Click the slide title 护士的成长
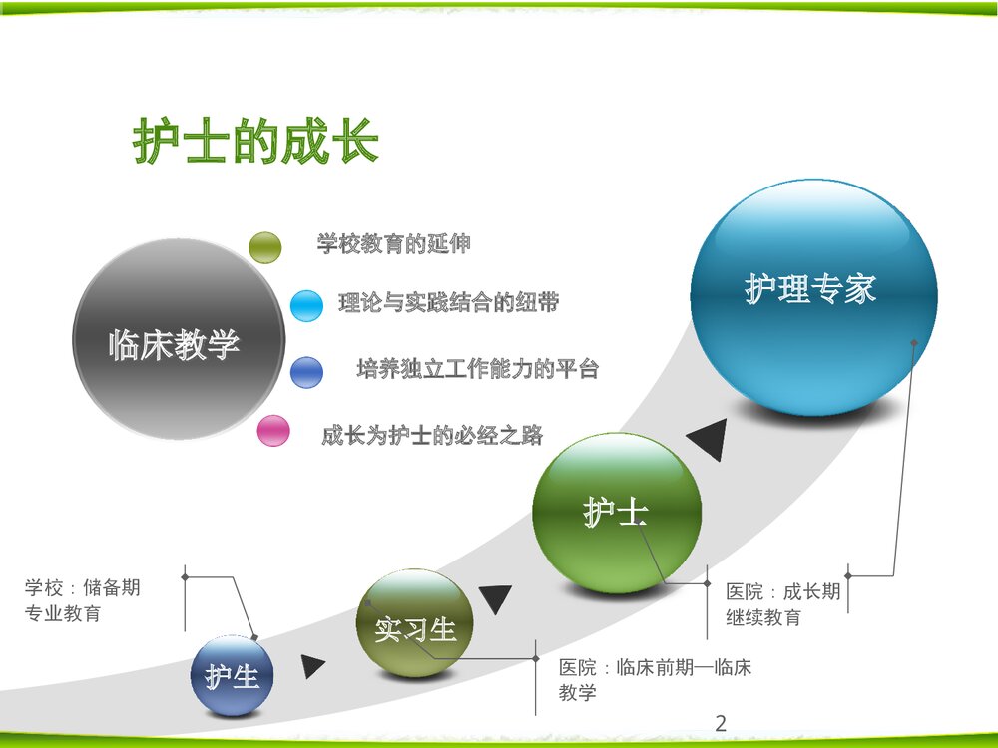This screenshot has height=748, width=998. click(x=255, y=143)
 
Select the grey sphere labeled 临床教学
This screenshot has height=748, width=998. click(x=178, y=340)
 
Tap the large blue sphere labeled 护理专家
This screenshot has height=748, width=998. click(x=812, y=295)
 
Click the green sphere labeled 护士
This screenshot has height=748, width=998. click(x=617, y=513)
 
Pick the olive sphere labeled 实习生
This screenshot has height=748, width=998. click(x=415, y=625)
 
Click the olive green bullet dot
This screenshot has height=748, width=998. click(x=265, y=247)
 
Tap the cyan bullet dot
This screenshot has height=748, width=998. click(x=306, y=305)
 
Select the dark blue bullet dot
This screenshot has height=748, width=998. click(x=306, y=372)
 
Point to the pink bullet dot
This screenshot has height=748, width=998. click(x=273, y=432)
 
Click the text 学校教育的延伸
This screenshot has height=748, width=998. click(x=393, y=244)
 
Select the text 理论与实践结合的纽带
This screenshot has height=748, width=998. click(x=448, y=303)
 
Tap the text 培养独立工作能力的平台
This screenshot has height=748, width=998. click(x=477, y=369)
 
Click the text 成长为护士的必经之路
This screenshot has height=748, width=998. click(x=431, y=435)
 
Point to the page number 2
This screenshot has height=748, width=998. click(x=721, y=723)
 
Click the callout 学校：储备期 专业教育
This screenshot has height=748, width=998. click(x=83, y=600)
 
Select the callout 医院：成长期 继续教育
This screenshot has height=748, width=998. click(x=783, y=604)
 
